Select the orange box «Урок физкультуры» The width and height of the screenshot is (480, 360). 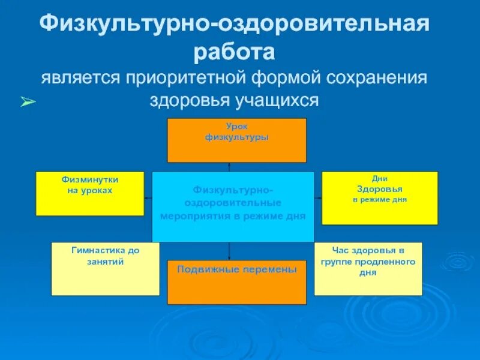(236, 140)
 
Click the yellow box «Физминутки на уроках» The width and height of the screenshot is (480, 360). (90, 193)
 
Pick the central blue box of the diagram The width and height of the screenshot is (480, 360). (233, 206)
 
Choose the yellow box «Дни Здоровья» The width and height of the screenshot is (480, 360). (380, 197)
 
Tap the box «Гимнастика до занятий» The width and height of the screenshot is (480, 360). (106, 269)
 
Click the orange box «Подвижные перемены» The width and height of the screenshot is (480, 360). (236, 282)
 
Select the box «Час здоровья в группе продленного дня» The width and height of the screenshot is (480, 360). (368, 268)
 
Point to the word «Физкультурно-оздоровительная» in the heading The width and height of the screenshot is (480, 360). (235, 25)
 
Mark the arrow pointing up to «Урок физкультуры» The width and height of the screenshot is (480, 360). (229, 166)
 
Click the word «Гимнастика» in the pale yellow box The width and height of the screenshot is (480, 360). (97, 250)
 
